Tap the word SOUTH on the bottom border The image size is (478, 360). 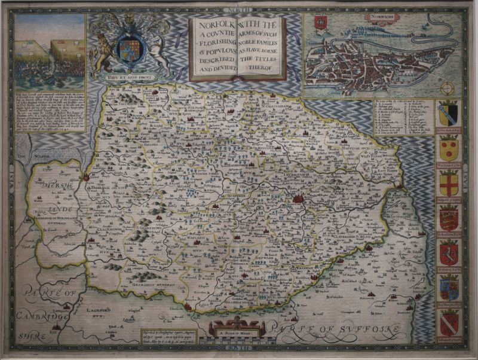[x=238, y=348]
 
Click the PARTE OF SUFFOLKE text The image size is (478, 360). [x=322, y=327]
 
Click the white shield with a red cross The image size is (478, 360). [x=448, y=181]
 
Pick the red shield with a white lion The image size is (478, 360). [x=448, y=253]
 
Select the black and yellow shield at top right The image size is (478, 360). [x=448, y=112]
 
